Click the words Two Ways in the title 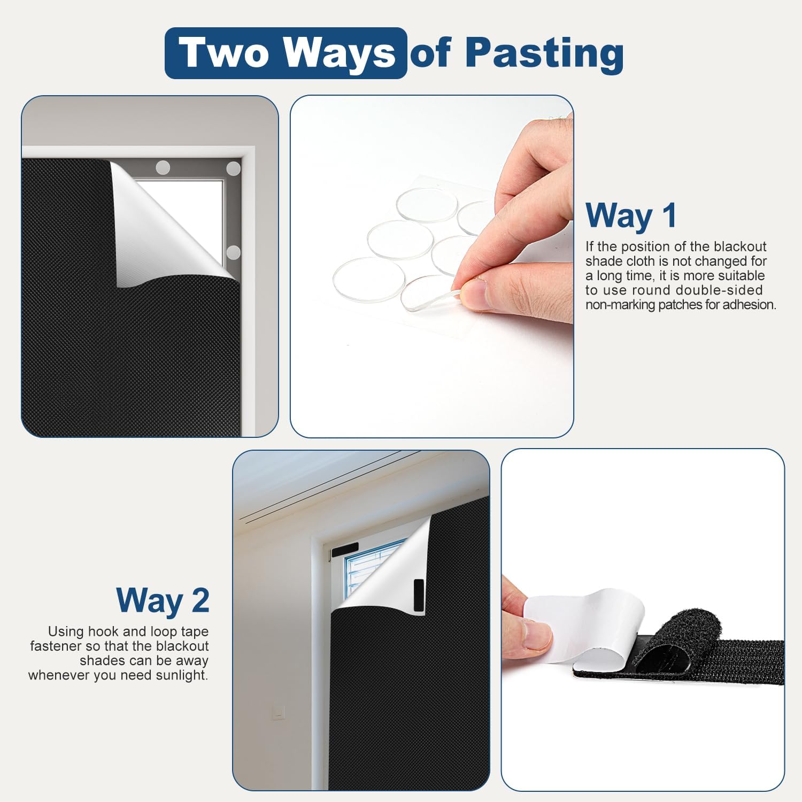(288, 53)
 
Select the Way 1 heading (631, 215)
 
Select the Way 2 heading (163, 600)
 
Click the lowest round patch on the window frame (233, 252)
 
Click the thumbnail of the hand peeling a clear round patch (432, 266)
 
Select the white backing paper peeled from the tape (583, 626)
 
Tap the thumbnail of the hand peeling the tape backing (643, 620)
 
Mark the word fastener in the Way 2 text (56, 646)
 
